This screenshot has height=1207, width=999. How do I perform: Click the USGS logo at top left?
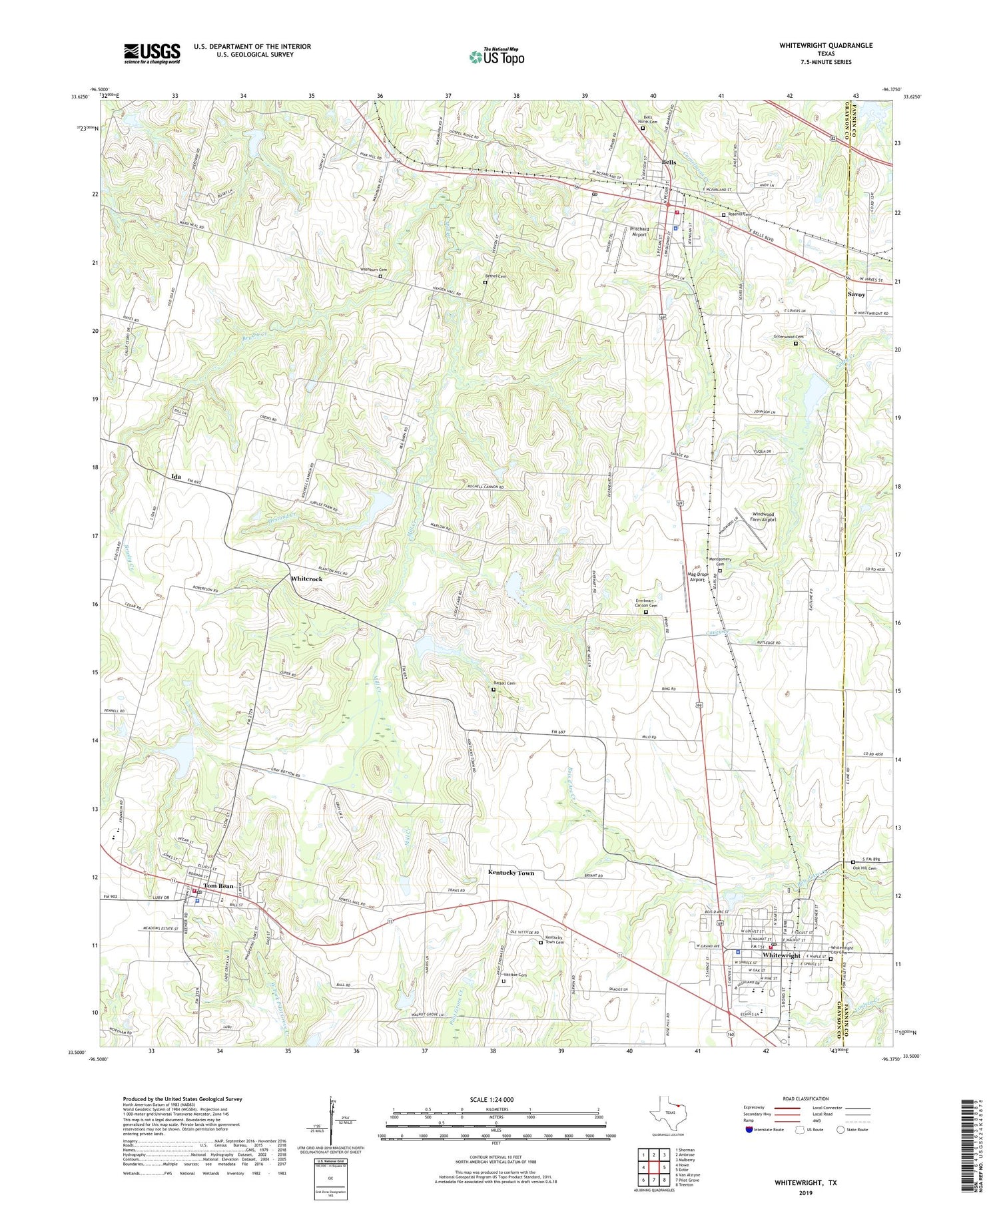tap(152, 54)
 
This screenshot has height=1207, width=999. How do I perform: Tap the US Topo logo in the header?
tap(497, 57)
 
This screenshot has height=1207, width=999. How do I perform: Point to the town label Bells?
tap(669, 163)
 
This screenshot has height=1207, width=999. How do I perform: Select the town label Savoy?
tap(856, 294)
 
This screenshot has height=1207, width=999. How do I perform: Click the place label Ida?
tap(176, 477)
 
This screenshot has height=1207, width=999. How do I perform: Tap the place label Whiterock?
tap(306, 579)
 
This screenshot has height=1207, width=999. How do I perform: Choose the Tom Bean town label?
tap(218, 885)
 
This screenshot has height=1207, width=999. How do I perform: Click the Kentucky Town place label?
tap(511, 872)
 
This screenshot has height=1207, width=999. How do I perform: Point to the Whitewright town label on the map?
tap(781, 955)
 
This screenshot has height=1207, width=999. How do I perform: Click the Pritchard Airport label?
tap(639, 232)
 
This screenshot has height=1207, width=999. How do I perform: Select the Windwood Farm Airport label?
tap(764, 517)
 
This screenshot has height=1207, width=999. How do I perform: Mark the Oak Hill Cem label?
tap(864, 868)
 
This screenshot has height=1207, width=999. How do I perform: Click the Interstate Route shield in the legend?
tap(749, 1130)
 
